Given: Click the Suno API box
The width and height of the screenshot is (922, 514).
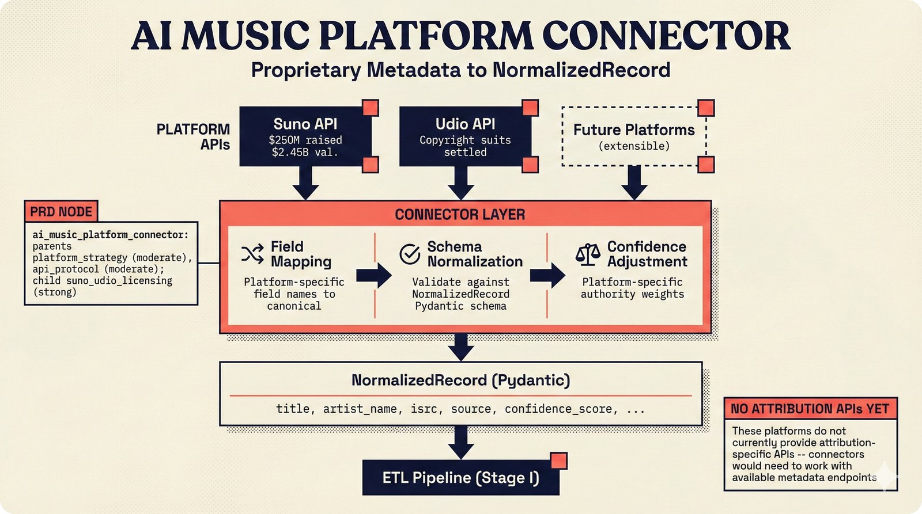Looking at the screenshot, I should tap(305, 136).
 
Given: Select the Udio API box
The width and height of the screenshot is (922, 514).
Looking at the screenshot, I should tap(464, 136).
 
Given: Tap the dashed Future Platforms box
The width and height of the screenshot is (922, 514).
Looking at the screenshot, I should tap(633, 136).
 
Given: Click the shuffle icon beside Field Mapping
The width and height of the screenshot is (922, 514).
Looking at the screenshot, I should tap(252, 254).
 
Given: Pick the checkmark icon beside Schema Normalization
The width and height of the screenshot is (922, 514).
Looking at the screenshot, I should tap(410, 254).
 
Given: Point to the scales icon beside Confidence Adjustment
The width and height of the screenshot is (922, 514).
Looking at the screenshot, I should tap(588, 254).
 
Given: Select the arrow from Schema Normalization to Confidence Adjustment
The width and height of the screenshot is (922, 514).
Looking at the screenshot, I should tap(547, 275).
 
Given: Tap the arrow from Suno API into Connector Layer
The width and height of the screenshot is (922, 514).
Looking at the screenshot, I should tap(305, 183).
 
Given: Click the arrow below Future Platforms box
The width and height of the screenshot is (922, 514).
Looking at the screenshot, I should tap(634, 183).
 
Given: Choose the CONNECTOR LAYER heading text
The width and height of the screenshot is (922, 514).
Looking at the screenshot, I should tap(460, 215).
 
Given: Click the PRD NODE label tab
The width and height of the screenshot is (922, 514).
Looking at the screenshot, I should tap(61, 212).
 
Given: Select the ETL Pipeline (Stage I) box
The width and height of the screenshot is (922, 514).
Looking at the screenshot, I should tap(460, 478).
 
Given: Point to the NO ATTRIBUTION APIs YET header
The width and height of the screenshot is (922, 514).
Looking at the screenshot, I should tap(810, 409).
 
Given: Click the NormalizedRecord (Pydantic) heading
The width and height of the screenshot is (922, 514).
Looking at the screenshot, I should tap(460, 380).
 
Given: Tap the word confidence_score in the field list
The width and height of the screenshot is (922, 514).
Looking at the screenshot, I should tap(558, 409).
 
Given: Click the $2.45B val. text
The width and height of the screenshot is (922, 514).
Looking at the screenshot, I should tap(305, 153).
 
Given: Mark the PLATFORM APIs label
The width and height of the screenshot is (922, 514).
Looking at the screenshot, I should tap(194, 137).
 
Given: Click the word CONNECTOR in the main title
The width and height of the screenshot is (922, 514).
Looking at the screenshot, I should tap(666, 36).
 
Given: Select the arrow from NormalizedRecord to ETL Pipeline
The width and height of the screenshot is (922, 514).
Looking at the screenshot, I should tap(460, 443).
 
